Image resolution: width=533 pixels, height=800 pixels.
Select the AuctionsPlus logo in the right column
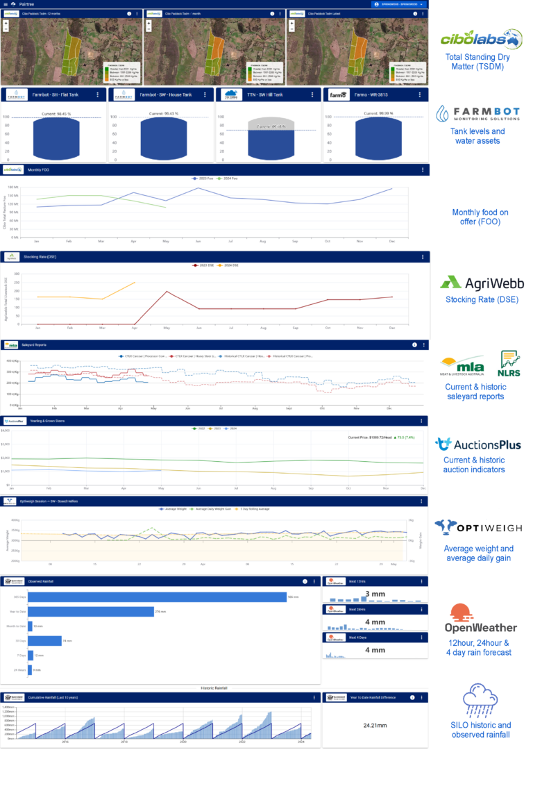point(478,444)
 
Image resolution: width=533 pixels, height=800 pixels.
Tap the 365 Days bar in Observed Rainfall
point(157,597)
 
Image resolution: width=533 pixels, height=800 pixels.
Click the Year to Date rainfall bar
point(90,611)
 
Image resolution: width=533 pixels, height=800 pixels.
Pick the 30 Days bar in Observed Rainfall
point(45,641)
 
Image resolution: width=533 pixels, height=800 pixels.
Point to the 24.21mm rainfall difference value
point(375,725)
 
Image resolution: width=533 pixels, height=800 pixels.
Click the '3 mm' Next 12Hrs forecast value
point(375,594)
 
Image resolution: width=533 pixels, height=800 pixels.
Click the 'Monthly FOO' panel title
point(37,169)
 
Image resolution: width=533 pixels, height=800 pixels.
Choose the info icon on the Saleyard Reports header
point(414,344)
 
